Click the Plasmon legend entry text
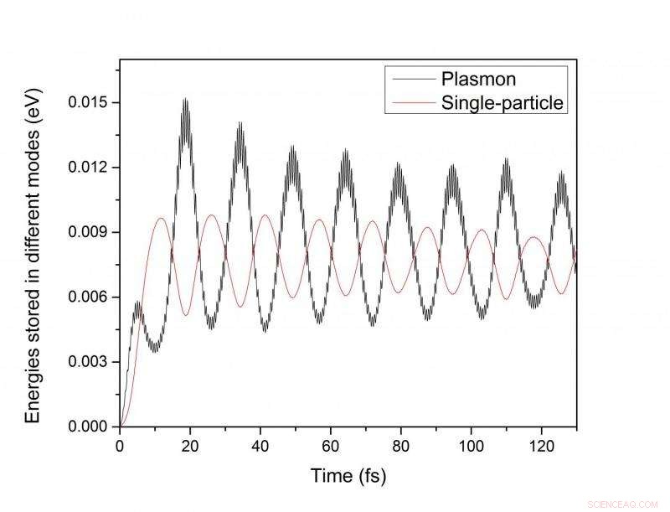[x=477, y=80]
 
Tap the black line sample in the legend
[x=413, y=80]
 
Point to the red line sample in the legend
[x=413, y=104]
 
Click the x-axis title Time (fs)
[x=348, y=477]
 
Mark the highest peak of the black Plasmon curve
[x=185, y=100]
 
